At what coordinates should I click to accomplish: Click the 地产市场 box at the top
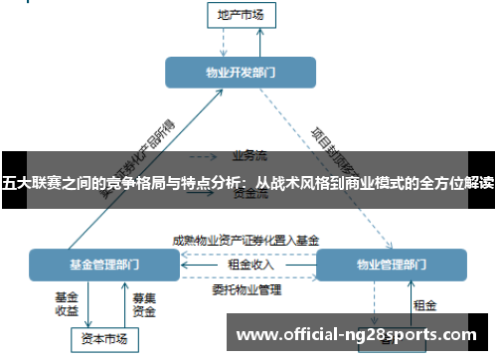(241, 15)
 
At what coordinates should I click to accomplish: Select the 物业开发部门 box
(241, 72)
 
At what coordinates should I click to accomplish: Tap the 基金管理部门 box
(104, 265)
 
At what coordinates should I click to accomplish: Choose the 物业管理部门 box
(390, 265)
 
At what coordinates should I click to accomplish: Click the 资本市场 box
(104, 339)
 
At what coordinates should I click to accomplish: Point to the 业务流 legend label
(249, 155)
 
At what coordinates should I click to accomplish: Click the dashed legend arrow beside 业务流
(204, 156)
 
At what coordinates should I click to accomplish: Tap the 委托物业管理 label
(248, 290)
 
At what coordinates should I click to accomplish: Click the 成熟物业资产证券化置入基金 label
(246, 240)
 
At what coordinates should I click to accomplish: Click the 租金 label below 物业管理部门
(424, 304)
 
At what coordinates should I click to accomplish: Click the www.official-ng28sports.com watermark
(358, 334)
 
